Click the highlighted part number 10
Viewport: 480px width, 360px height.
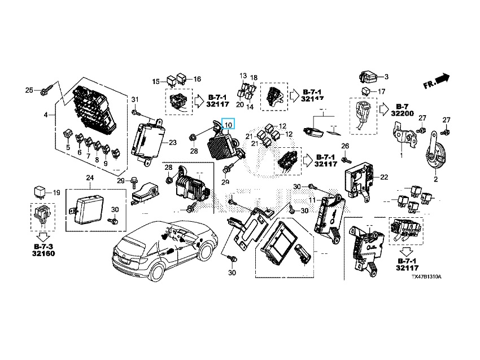228,125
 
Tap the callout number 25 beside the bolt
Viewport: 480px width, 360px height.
30,90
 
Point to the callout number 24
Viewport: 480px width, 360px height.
89,178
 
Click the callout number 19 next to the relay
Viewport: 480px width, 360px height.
56,193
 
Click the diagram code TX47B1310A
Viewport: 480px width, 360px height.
426,278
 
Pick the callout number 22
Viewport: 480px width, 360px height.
384,177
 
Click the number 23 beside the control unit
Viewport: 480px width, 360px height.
172,143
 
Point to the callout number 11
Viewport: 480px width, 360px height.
312,200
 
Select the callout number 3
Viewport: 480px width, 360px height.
386,77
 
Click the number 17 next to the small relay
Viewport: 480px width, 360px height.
381,91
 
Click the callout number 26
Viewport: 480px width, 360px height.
346,147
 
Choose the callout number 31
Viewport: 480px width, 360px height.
135,100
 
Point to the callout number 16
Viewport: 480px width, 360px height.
197,79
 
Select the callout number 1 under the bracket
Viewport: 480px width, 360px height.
402,155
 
